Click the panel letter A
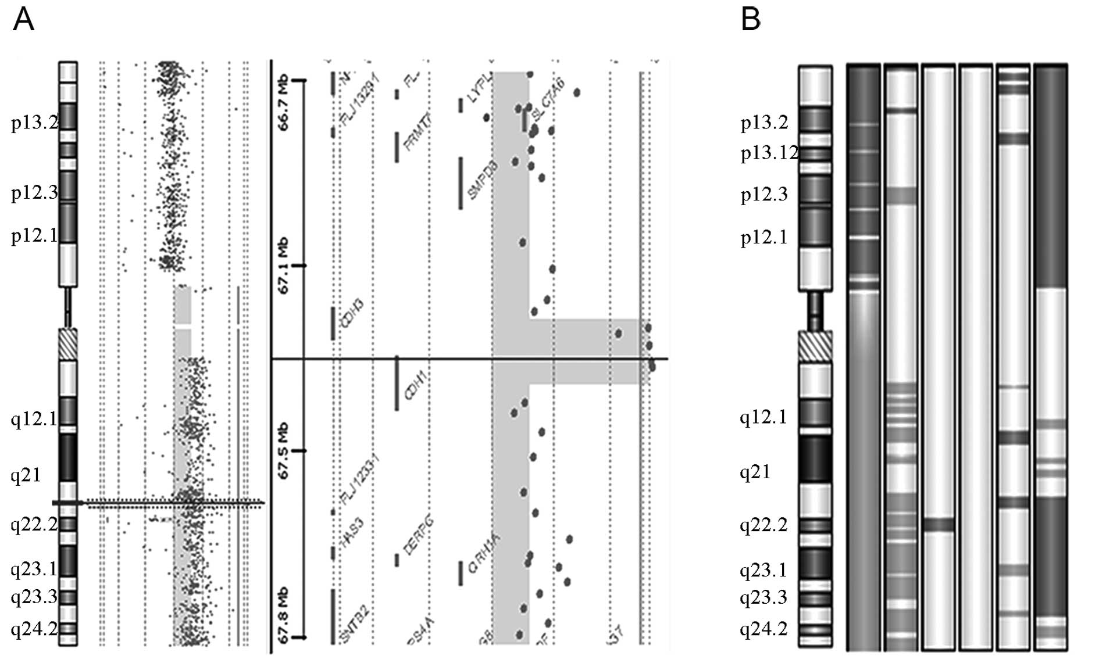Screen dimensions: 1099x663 tap(23, 20)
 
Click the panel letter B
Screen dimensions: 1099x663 tap(751, 20)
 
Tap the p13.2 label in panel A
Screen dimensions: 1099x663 tap(34, 123)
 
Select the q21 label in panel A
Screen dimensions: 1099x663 tap(26, 475)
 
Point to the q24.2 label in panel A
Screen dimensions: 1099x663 tap(34, 629)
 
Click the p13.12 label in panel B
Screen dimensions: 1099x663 tap(769, 153)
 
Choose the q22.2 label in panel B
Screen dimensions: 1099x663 tap(763, 525)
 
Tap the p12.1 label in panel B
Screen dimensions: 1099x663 tap(763, 237)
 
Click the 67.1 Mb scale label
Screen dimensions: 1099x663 tap(285, 266)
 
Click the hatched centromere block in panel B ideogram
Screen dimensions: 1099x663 tap(815, 346)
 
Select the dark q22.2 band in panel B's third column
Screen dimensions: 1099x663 tap(938, 525)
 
